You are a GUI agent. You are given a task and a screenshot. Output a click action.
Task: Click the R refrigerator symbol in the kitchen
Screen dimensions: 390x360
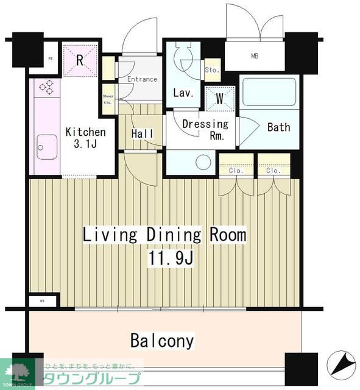pyautogui.click(x=80, y=60)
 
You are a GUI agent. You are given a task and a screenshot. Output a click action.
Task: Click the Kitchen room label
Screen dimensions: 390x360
pyautogui.click(x=85, y=132)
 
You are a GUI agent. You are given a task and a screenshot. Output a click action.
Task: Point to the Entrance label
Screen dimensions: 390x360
pyautogui.click(x=142, y=79)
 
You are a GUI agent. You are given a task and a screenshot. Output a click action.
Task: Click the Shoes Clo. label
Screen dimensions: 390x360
pyautogui.click(x=107, y=99)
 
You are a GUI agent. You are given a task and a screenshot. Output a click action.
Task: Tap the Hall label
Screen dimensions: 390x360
pyautogui.click(x=142, y=134)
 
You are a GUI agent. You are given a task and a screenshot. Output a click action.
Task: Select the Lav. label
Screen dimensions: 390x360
pyautogui.click(x=183, y=93)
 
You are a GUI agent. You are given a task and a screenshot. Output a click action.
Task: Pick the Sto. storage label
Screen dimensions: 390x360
pyautogui.click(x=213, y=69)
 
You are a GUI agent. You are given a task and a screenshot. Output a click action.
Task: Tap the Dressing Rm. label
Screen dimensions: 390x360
pyautogui.click(x=206, y=130)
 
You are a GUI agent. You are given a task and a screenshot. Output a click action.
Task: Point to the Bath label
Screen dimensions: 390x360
pyautogui.click(x=278, y=127)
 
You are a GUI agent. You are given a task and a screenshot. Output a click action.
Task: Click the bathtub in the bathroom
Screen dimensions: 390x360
pyautogui.click(x=267, y=92)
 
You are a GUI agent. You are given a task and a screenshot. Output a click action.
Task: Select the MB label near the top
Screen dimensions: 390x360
pyautogui.click(x=255, y=57)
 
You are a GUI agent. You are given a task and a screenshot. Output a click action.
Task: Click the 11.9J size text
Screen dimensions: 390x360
pyautogui.click(x=170, y=258)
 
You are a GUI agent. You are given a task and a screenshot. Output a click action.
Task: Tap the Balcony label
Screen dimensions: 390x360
pyautogui.click(x=162, y=341)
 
